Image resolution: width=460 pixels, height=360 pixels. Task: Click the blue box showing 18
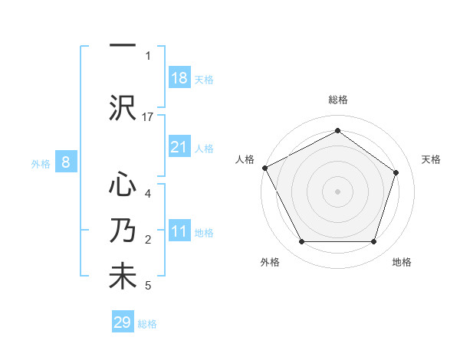[x=179, y=78]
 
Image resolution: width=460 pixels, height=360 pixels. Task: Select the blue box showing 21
[x=179, y=147]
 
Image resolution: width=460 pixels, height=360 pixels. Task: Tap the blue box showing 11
[x=179, y=231]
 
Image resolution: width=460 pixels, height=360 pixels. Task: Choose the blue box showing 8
[x=66, y=162]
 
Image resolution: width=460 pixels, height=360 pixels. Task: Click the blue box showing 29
[x=123, y=322]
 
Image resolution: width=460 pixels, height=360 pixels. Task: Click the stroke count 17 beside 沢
[x=149, y=117]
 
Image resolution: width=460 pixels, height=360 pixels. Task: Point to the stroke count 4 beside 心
[x=148, y=194]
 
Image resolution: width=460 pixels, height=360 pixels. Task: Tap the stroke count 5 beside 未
[x=148, y=286]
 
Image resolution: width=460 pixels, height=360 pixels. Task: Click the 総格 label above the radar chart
[x=338, y=100]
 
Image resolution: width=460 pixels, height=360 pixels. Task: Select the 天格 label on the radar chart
[x=432, y=159]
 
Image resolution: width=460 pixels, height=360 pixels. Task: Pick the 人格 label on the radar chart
[x=245, y=159]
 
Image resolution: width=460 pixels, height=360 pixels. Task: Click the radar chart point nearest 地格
[x=373, y=242]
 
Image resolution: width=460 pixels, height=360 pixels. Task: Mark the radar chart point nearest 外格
[x=301, y=242]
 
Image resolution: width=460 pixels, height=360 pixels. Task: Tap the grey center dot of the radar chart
[x=337, y=191]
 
